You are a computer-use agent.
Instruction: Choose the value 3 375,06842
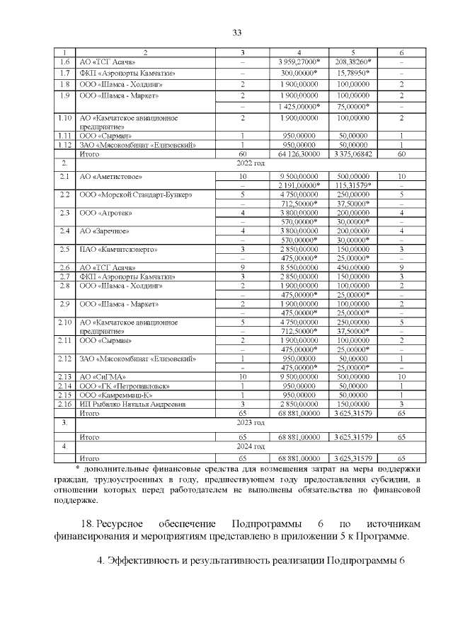(x=353, y=153)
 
